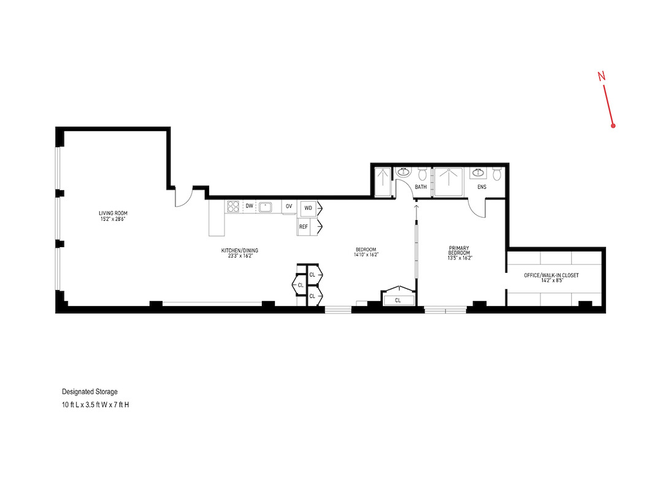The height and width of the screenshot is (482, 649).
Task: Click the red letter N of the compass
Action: (602, 76)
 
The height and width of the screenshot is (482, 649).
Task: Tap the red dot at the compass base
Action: (613, 126)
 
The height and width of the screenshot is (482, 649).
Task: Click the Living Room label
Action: (113, 213)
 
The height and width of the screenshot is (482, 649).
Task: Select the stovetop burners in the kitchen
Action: (232, 207)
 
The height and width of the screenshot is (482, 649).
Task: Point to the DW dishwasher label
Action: (249, 207)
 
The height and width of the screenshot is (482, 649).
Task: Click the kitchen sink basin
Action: (266, 207)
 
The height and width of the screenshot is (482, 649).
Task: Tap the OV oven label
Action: (289, 207)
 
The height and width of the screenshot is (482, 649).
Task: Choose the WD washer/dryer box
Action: (308, 208)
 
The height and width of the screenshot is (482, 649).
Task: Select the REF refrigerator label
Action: (304, 227)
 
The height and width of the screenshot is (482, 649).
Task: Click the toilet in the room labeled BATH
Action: (421, 174)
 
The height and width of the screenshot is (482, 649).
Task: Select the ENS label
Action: (482, 187)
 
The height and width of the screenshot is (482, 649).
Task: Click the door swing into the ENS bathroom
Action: (477, 208)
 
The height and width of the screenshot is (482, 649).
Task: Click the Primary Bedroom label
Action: (459, 252)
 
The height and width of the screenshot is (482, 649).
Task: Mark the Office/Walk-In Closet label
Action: (551, 275)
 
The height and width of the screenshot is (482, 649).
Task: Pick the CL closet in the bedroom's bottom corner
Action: (397, 300)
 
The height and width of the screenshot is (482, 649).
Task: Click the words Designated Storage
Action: (90, 391)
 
